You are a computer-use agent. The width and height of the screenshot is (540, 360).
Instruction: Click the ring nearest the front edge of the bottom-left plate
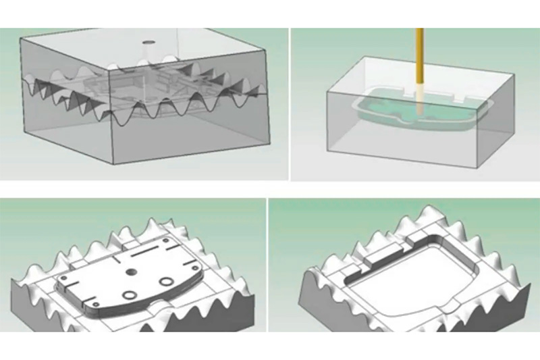tap(128, 294)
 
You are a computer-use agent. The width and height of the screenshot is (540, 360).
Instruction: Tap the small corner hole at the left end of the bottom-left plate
tap(62, 278)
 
